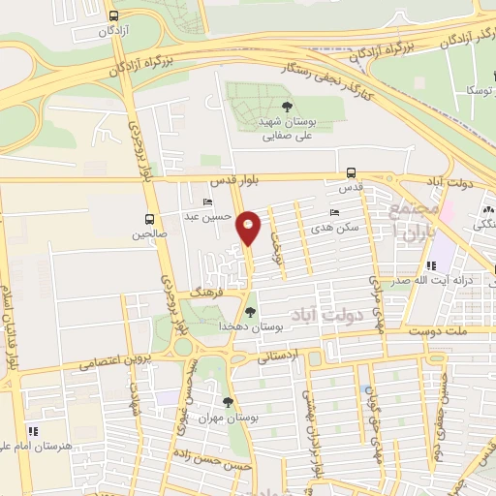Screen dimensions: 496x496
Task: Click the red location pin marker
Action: (249, 227)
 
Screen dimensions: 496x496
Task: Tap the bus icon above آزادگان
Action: (114, 16)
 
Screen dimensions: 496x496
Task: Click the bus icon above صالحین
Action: (149, 219)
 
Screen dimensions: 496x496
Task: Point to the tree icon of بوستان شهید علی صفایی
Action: (285, 108)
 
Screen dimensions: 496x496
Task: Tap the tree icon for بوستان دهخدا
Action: (251, 312)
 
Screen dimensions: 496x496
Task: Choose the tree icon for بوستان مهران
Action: (228, 402)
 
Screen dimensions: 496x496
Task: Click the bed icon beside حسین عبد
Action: (207, 202)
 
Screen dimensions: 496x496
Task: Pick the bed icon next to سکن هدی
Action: (334, 212)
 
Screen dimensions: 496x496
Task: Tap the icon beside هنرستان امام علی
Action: (32, 431)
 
